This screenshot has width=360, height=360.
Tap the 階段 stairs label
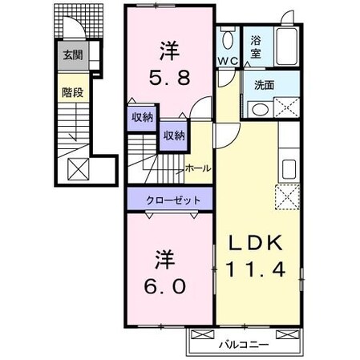coord(72,92)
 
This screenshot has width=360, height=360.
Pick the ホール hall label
coord(197,168)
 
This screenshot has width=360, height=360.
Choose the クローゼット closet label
coord(168,200)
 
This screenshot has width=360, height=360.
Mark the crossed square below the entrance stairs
coord(78,170)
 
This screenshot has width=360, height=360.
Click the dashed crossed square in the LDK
coord(286,195)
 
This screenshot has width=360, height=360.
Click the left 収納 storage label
coord(143,117)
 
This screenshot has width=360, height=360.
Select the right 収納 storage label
coord(173,135)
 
